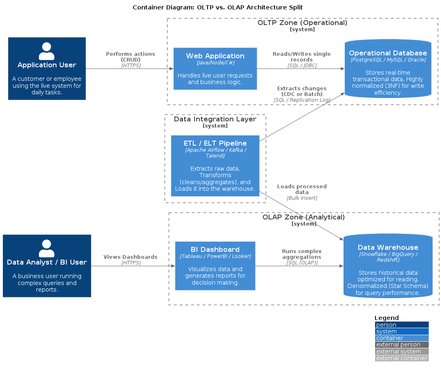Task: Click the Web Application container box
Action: tap(215, 68)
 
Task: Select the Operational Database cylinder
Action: tap(388, 69)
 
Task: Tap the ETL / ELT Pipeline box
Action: tap(215, 166)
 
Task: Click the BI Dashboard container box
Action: tap(215, 266)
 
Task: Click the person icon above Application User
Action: tap(47, 51)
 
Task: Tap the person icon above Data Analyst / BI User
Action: tap(47, 249)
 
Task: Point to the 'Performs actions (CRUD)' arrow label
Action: tap(130, 57)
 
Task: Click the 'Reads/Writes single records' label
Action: tap(302, 57)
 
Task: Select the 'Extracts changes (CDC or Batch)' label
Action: tap(302, 91)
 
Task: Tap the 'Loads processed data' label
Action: tap(302, 189)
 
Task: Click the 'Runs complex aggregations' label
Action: tap(302, 254)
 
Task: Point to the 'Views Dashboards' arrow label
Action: tap(130, 257)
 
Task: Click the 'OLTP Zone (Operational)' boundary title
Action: tap(302, 23)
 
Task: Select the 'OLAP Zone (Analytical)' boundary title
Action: tap(303, 217)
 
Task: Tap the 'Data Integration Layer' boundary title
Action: tap(215, 119)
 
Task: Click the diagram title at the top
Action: tap(218, 7)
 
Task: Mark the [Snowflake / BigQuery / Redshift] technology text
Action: tap(388, 257)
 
